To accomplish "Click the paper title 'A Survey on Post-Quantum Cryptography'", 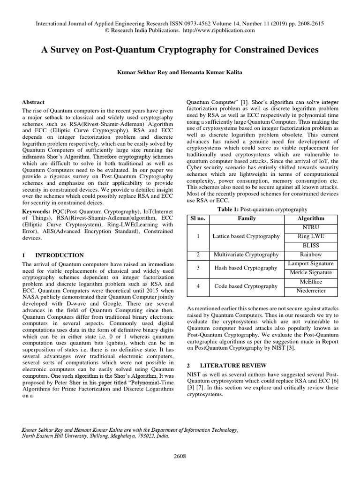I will click(180, 49).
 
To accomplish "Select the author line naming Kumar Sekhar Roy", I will click(180, 73).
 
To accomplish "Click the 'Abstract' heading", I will click(33, 102).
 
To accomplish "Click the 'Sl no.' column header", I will click(198, 218).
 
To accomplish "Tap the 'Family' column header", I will click(247, 218).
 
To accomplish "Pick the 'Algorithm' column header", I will click(311, 218).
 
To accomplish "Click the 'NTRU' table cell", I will click(311, 227).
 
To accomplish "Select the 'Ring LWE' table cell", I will click(311, 236).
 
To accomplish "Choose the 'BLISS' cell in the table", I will click(311, 245).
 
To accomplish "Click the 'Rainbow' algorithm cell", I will click(311, 255).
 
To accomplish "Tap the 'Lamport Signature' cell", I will click(311, 263).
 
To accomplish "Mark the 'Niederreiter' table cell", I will click(311, 291).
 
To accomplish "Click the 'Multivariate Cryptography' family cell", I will click(247, 255).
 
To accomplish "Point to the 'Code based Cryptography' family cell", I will click(247, 286).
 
